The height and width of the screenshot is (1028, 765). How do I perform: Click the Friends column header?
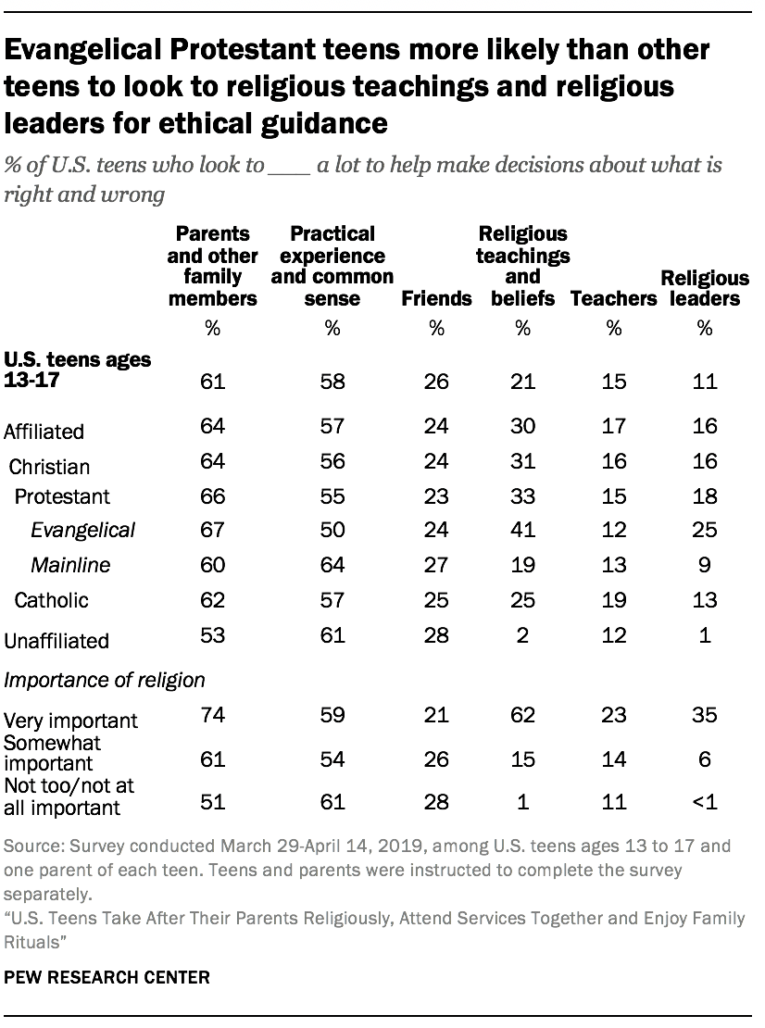[x=436, y=298]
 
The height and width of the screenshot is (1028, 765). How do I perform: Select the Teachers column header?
[x=611, y=298]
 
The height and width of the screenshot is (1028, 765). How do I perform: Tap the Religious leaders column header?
[x=705, y=288]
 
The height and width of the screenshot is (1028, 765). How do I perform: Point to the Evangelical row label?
[x=83, y=530]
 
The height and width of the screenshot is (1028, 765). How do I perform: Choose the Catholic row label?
[x=52, y=599]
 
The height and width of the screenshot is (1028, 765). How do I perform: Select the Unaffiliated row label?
[x=57, y=640]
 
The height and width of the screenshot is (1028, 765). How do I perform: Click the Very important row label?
[x=71, y=720]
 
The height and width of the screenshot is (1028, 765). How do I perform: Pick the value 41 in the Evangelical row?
[x=523, y=530]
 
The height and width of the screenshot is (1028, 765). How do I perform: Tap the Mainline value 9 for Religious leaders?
[x=705, y=564]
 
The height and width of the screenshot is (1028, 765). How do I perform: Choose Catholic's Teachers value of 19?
[x=612, y=599]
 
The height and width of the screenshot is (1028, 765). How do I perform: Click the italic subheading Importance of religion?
[x=105, y=680]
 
